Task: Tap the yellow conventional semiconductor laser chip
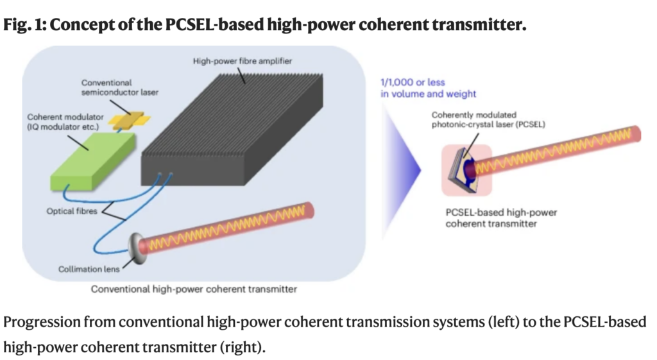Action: tap(126, 120)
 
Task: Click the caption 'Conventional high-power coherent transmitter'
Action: tap(194, 289)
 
